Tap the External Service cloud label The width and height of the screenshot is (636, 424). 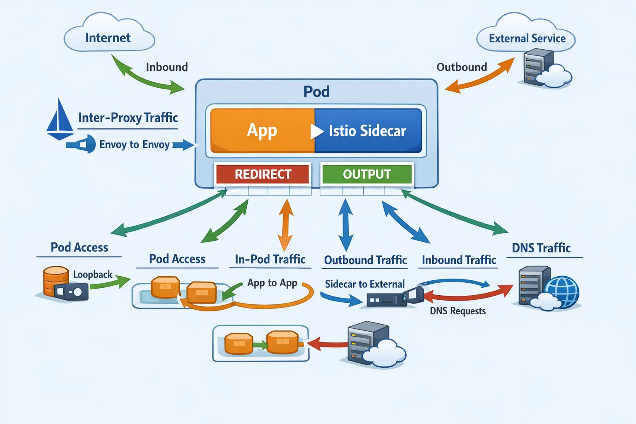tap(527, 39)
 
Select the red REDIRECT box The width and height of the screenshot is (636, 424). tap(263, 174)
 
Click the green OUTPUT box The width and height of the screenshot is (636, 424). tap(367, 174)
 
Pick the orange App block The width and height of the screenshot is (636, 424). tap(262, 131)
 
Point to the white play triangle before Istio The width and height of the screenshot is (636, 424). tap(317, 131)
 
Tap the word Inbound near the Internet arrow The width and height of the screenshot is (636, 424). tap(166, 67)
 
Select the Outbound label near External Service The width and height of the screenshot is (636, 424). tap(462, 67)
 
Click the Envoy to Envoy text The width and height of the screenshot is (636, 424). tap(134, 145)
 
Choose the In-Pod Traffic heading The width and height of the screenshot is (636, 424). tap(270, 259)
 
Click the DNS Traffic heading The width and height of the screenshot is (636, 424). tap(541, 248)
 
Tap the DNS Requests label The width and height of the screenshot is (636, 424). tap(458, 311)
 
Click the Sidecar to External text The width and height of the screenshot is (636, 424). tap(364, 284)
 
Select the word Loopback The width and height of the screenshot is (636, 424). tap(93, 275)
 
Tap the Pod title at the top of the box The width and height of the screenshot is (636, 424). tap(316, 92)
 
